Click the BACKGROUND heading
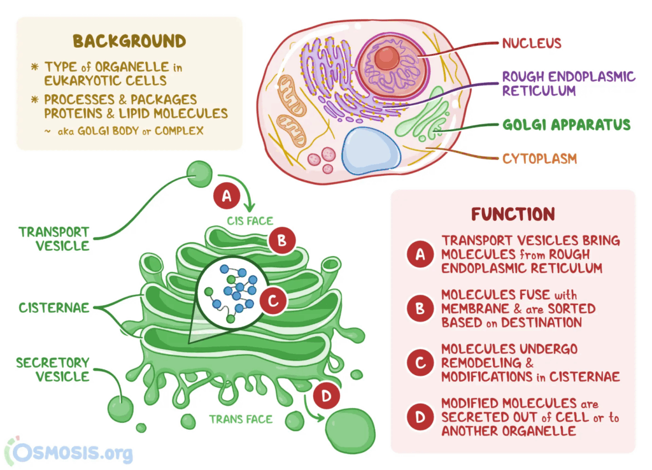click(129, 42)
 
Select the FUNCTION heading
click(513, 213)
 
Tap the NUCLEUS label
click(532, 43)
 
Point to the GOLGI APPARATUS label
click(566, 124)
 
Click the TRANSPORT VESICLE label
click(54, 239)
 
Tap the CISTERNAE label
click(54, 308)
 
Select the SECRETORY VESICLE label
click(53, 369)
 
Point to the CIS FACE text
click(250, 221)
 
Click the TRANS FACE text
click(241, 419)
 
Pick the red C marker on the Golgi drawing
click(273, 301)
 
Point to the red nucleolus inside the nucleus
click(386, 59)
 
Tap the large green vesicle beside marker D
click(350, 432)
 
